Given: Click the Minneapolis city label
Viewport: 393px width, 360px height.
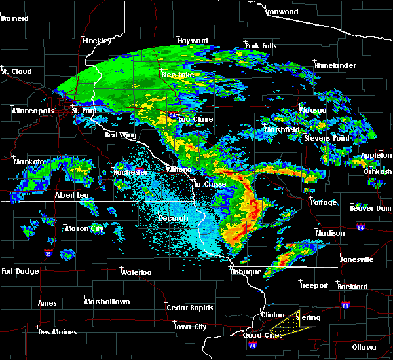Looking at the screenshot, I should pos(33,111).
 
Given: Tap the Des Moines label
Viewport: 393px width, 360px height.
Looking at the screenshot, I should pos(57,332).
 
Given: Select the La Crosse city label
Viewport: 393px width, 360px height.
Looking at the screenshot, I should pos(209,185).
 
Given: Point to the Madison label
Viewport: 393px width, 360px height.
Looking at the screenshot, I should pos(330,234).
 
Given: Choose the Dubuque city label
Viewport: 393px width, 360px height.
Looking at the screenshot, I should pos(246,272).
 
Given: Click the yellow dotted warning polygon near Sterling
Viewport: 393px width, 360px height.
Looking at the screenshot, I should pos(288,322).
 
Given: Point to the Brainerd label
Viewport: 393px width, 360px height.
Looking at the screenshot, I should pos(14,18).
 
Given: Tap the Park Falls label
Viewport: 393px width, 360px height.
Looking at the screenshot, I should pos(261,46).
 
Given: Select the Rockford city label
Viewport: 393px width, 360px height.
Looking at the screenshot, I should pos(353,287).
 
